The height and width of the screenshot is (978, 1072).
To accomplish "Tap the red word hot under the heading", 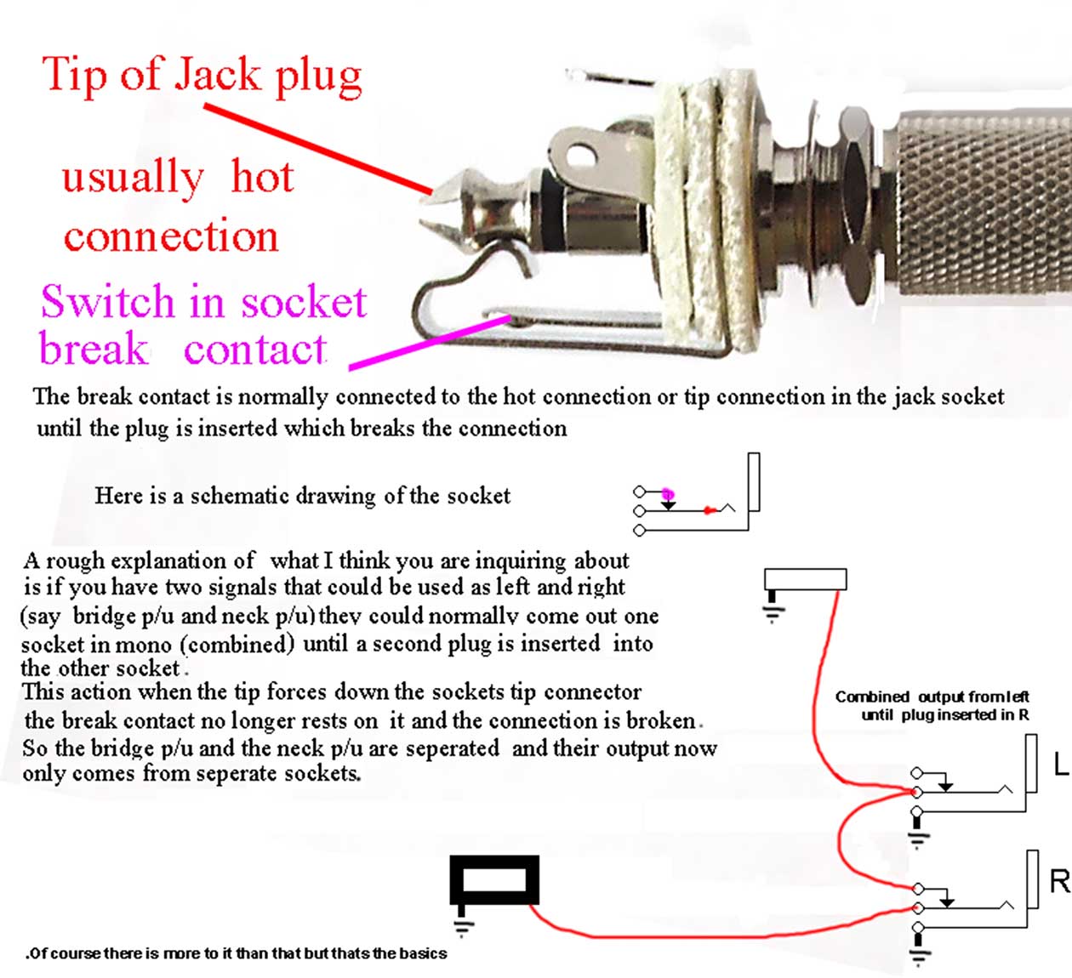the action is click(x=262, y=177).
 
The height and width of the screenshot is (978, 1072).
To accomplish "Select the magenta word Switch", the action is click(x=107, y=301).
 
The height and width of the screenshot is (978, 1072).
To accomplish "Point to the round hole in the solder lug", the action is click(x=581, y=156).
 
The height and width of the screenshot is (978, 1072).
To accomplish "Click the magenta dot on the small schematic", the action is click(x=668, y=494).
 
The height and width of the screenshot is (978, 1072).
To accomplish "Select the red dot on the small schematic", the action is click(x=710, y=510).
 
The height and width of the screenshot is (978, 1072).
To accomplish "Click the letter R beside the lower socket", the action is click(x=1060, y=881).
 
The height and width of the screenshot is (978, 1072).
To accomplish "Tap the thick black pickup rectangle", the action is click(x=493, y=880).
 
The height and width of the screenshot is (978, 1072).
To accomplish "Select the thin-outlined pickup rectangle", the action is click(x=805, y=580).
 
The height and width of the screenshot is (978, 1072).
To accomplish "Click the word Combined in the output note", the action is click(x=871, y=697).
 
